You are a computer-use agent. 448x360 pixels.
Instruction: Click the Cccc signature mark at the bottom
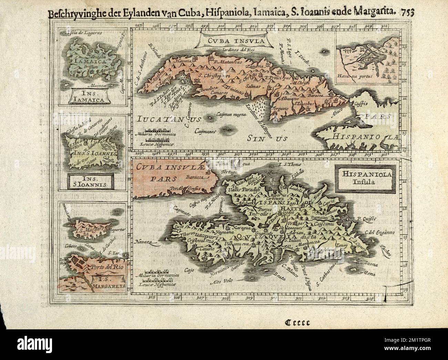tap(297, 323)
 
